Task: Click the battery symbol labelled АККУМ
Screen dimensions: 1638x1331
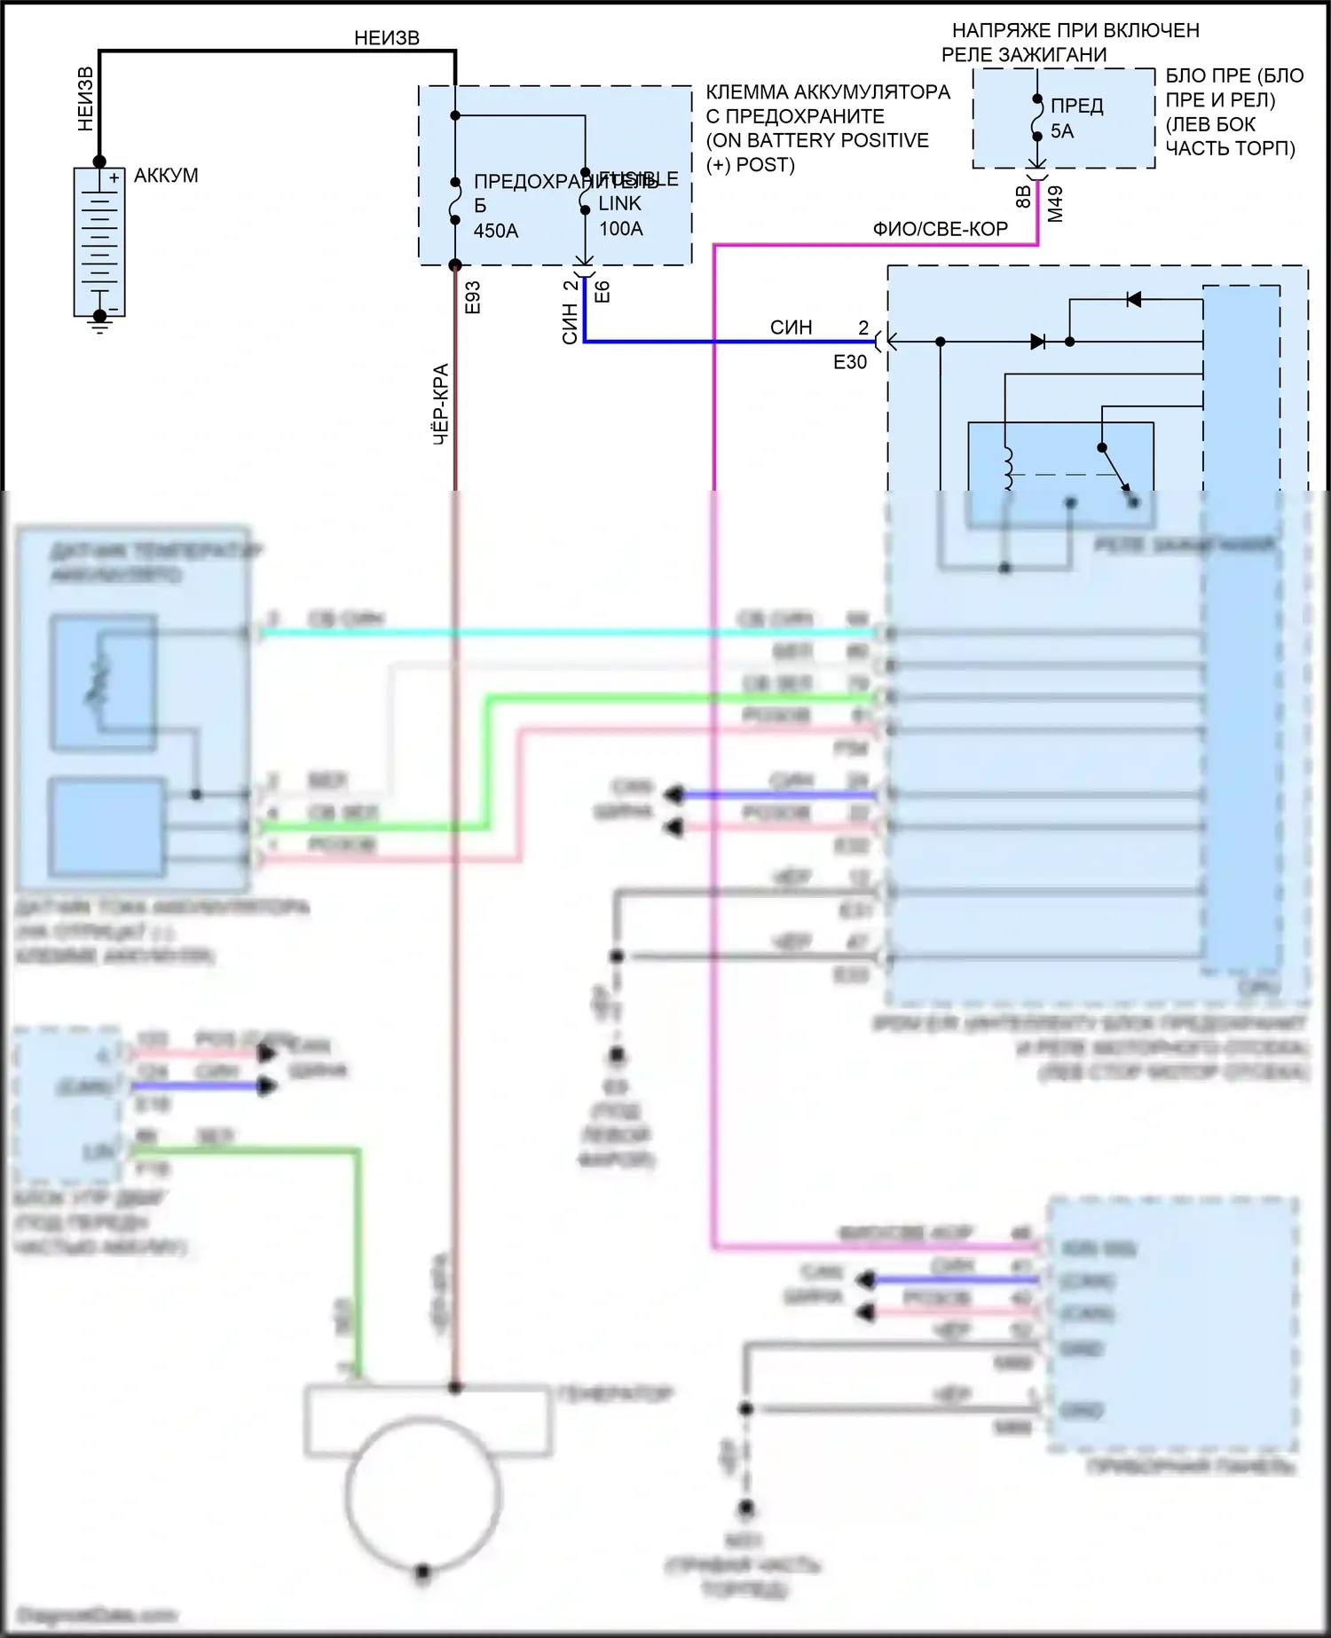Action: pyautogui.click(x=99, y=240)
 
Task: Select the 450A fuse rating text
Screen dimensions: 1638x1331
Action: pyautogui.click(x=495, y=231)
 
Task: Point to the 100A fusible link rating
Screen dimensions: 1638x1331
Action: pyautogui.click(x=620, y=229)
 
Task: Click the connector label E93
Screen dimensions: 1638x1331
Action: pyautogui.click(x=472, y=297)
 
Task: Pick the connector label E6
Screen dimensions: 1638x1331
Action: pyautogui.click(x=602, y=292)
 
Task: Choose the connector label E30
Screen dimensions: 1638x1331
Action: pyautogui.click(x=849, y=362)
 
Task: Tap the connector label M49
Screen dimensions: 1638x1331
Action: pyautogui.click(x=1055, y=204)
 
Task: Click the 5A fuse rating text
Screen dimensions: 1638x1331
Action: pyautogui.click(x=1061, y=131)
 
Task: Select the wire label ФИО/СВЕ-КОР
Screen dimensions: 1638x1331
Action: pyautogui.click(x=940, y=229)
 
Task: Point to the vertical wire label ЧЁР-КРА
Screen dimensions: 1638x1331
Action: pyautogui.click(x=441, y=404)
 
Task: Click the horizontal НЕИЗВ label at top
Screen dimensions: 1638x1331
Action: pyautogui.click(x=386, y=38)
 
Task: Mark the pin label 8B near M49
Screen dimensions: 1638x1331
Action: pyautogui.click(x=1023, y=197)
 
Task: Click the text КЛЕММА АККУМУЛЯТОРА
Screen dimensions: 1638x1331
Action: pyautogui.click(x=827, y=92)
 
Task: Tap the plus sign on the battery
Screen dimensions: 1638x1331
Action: pyautogui.click(x=114, y=178)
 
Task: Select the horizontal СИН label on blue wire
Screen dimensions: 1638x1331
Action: pyautogui.click(x=791, y=327)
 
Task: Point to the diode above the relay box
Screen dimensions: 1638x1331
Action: pyautogui.click(x=1133, y=300)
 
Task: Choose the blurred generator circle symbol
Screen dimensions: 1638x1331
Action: pyautogui.click(x=423, y=1494)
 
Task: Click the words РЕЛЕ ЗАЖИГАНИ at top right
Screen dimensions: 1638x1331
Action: pyautogui.click(x=1023, y=55)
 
